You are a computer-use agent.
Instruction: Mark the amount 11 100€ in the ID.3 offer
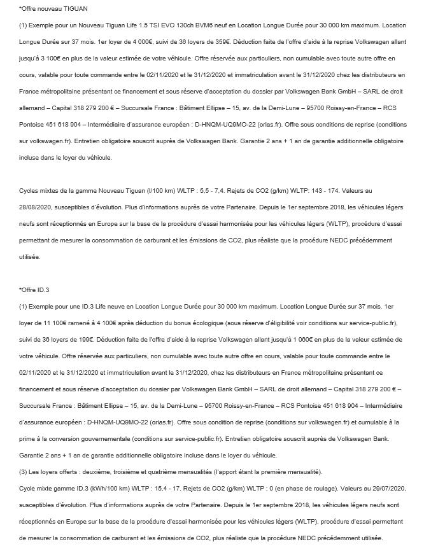tap(54, 323)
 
